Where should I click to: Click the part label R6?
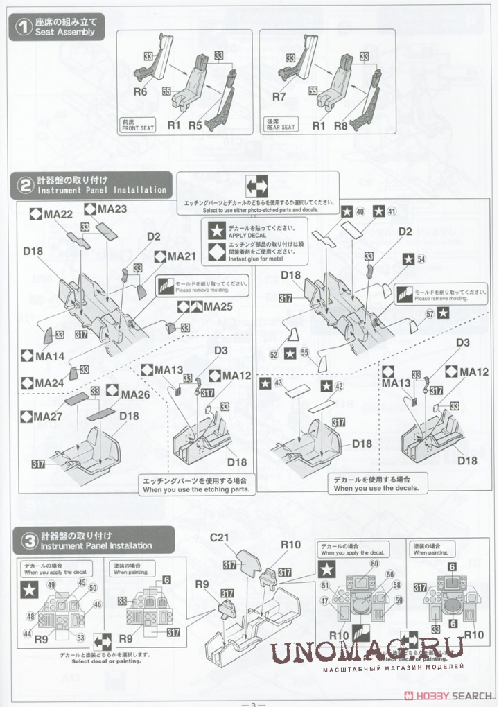[142, 91]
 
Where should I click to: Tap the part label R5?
[195, 125]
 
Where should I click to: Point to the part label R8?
[340, 125]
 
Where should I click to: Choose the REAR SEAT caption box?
[281, 125]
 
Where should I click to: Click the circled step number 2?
[25, 185]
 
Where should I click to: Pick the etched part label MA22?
[58, 215]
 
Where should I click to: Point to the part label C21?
[220, 538]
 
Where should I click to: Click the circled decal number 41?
[392, 211]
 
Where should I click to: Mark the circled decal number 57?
[430, 313]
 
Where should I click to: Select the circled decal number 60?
[374, 564]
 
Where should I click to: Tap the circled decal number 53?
[81, 638]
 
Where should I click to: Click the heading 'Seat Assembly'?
[66, 33]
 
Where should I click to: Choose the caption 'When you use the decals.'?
[380, 488]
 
